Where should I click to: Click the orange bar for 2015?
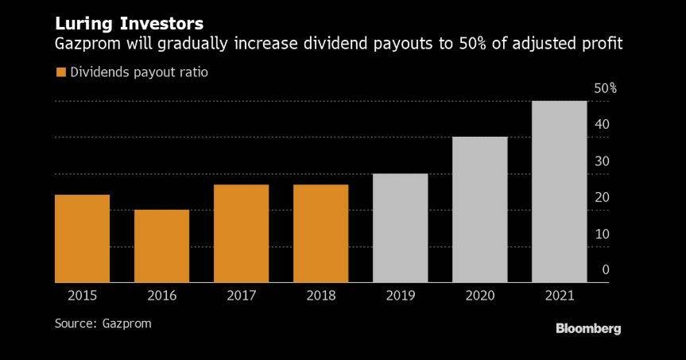click(x=83, y=238)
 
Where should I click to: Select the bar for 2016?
click(x=162, y=246)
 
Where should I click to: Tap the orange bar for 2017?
click(x=242, y=234)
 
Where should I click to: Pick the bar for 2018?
click(x=321, y=234)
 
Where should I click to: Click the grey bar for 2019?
click(x=401, y=228)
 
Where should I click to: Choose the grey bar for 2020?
click(x=480, y=210)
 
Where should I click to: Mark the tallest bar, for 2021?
click(x=560, y=192)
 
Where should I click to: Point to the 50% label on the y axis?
click(x=606, y=88)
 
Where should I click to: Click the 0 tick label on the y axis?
click(x=605, y=270)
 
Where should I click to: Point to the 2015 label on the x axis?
click(x=83, y=296)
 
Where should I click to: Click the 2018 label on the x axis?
click(x=321, y=296)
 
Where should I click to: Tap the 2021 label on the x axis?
click(x=560, y=296)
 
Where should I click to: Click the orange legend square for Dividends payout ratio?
click(x=60, y=72)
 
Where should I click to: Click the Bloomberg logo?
click(x=588, y=328)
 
